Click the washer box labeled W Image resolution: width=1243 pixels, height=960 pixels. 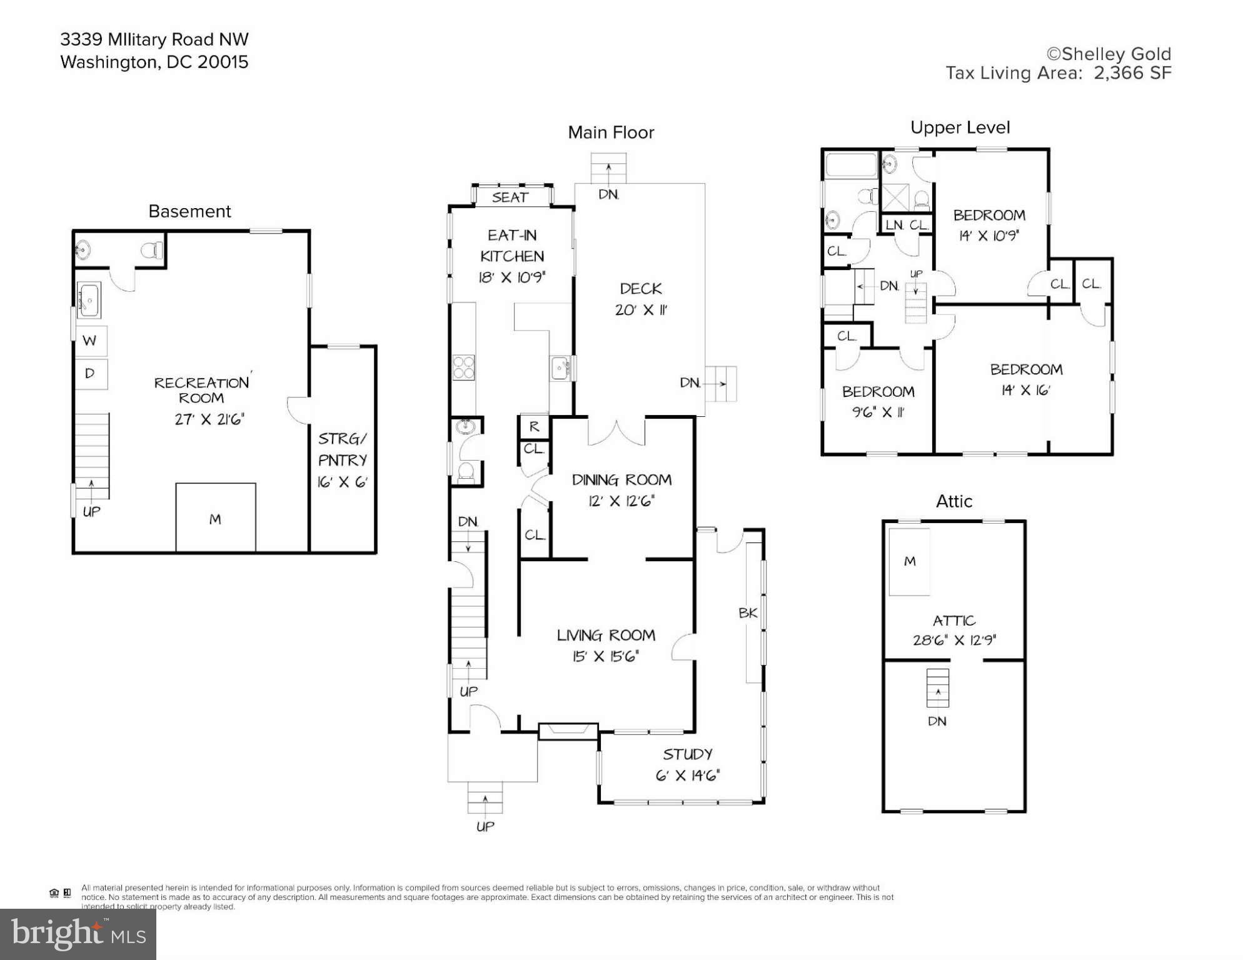(91, 341)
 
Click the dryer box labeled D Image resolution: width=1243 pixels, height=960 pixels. (91, 374)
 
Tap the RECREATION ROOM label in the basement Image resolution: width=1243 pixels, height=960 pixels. (201, 390)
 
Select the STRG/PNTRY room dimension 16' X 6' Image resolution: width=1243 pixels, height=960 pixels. (342, 482)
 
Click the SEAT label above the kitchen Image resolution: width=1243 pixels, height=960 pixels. (510, 197)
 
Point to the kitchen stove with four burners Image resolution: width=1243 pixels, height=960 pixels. (463, 367)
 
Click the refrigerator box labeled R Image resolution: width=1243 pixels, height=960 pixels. (533, 427)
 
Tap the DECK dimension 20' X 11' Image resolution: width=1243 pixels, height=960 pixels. (641, 310)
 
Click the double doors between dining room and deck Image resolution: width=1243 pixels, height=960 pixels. (616, 432)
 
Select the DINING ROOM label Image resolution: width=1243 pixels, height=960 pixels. (621, 480)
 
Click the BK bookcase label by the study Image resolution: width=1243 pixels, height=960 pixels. (748, 613)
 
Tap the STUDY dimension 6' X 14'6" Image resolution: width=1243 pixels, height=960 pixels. (688, 776)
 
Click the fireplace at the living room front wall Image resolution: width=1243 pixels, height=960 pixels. (568, 731)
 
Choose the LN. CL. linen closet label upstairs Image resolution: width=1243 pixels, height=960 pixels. (907, 225)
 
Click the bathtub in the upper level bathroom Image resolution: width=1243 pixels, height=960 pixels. (851, 166)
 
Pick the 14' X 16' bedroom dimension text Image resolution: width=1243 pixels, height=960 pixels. (1025, 390)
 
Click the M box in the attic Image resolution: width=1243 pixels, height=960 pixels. (910, 561)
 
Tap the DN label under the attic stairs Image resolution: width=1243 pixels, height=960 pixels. (937, 721)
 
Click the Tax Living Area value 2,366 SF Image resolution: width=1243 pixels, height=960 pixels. (1132, 73)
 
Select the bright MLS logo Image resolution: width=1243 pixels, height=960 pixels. (78, 934)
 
